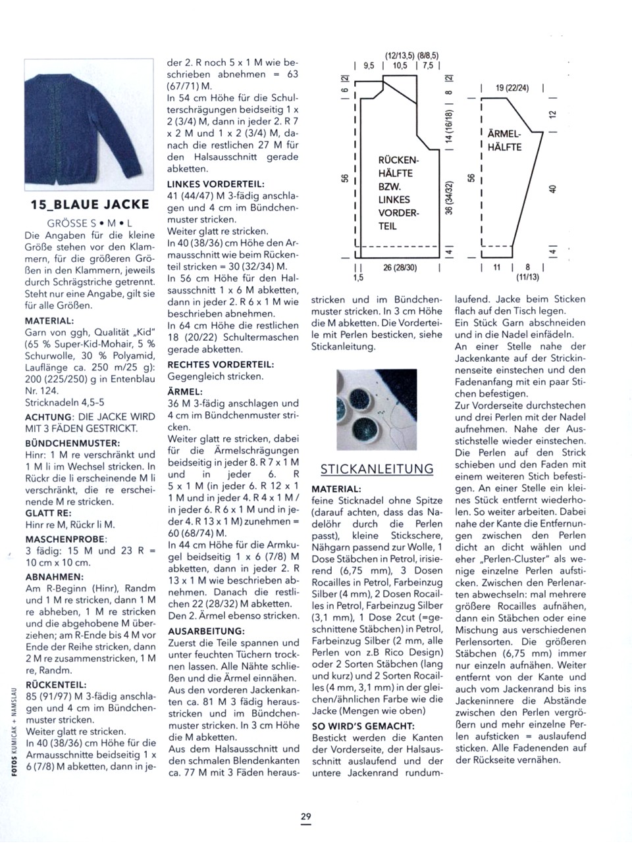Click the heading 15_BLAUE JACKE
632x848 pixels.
pyautogui.click(x=90, y=204)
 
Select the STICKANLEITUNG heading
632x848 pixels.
pyautogui.click(x=377, y=469)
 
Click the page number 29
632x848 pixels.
pyautogui.click(x=306, y=816)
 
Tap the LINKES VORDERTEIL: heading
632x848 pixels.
pyautogui.click(x=216, y=184)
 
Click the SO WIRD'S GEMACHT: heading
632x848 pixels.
pyautogui.click(x=363, y=726)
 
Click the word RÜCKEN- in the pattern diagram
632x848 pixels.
pyautogui.click(x=398, y=160)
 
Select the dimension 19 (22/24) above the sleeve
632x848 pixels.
pyautogui.click(x=513, y=88)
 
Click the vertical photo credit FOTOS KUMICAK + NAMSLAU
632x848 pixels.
pyautogui.click(x=14, y=730)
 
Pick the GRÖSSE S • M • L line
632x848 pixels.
pyautogui.click(x=90, y=223)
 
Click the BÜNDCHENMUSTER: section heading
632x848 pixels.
pyautogui.click(x=72, y=443)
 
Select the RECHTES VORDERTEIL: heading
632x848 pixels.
pyautogui.click(x=221, y=364)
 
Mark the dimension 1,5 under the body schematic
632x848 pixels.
pyautogui.click(x=357, y=278)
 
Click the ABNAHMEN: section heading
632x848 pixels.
pyautogui.click(x=50, y=576)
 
